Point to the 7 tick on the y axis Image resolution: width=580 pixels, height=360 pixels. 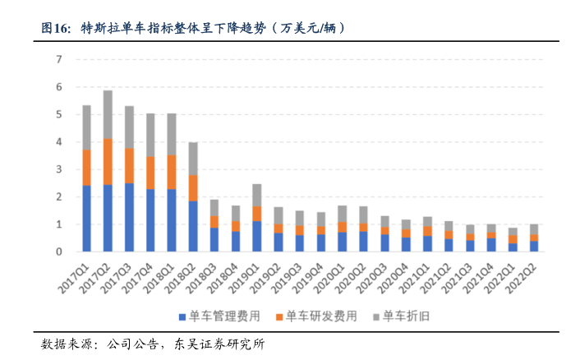point(59,59)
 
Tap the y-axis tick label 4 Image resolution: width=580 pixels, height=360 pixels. point(59,141)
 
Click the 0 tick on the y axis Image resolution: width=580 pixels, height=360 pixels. point(59,252)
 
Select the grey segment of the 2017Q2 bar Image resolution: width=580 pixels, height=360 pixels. point(108,114)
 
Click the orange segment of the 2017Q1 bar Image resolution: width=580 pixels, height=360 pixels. point(86,167)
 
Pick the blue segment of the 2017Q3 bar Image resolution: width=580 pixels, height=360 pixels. point(129,217)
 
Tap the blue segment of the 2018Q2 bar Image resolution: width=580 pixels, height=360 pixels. point(193,226)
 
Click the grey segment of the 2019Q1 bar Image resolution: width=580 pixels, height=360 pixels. point(257,195)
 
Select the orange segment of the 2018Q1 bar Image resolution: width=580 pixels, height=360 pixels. point(172,172)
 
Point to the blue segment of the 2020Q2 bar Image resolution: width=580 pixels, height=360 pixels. point(364,241)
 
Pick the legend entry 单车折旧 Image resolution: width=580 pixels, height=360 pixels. point(398,316)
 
